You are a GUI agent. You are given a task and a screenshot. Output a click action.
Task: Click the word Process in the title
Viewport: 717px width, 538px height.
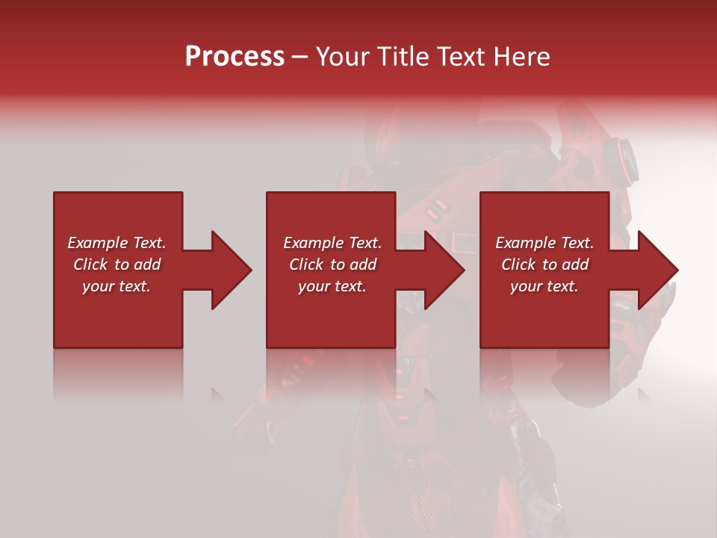(x=235, y=57)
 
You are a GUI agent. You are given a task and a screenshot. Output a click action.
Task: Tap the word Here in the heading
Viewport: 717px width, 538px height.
(x=522, y=57)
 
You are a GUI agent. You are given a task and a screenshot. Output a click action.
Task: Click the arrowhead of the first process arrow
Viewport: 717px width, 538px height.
(x=231, y=270)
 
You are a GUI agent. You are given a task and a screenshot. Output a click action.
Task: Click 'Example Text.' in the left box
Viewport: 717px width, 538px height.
(x=117, y=243)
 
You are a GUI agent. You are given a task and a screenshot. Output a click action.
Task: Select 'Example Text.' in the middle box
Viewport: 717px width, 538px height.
(x=332, y=243)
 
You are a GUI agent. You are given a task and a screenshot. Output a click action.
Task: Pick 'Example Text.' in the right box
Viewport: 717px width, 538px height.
(x=544, y=243)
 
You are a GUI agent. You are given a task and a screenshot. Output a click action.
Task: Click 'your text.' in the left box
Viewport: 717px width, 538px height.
(x=117, y=286)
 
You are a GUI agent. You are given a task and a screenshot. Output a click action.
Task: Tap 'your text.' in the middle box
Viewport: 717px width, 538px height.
(x=332, y=286)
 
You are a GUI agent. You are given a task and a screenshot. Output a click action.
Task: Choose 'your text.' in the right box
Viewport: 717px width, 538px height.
(x=544, y=286)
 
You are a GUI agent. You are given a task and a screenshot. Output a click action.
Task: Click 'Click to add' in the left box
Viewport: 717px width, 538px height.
(x=117, y=265)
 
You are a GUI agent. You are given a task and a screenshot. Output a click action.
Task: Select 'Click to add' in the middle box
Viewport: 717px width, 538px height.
(x=332, y=265)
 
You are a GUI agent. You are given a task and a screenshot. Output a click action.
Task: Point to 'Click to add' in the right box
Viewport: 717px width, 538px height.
(x=544, y=265)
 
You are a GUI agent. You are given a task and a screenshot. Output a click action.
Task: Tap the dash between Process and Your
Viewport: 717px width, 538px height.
(x=299, y=57)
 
